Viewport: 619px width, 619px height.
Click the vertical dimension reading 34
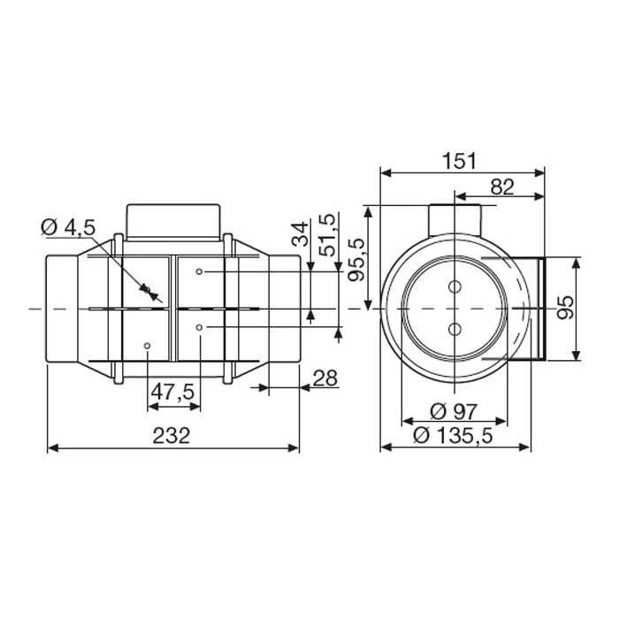(300, 234)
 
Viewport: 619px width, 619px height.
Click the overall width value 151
(460, 160)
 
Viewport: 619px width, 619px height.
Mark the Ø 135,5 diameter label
(456, 434)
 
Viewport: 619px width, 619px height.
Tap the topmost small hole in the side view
(203, 271)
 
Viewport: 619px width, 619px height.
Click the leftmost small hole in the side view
(147, 345)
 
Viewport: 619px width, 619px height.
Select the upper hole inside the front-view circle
(455, 287)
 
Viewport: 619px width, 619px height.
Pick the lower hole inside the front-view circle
(455, 328)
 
